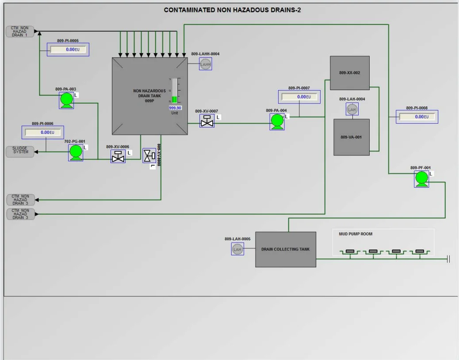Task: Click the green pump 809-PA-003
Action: (x=67, y=100)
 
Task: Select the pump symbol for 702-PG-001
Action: (x=76, y=152)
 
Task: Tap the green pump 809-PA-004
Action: (x=277, y=121)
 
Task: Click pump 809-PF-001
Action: (x=421, y=179)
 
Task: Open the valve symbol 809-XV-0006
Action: (x=118, y=156)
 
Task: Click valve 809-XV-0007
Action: (x=207, y=121)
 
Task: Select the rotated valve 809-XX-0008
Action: (x=149, y=155)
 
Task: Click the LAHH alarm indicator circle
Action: (x=206, y=64)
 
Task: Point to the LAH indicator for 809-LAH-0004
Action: (x=352, y=110)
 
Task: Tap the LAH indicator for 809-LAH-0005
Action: (x=237, y=250)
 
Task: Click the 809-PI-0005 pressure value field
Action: (x=68, y=49)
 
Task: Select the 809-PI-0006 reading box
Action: (x=43, y=133)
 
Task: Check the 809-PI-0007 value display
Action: (x=299, y=97)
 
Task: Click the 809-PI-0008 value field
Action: (x=417, y=117)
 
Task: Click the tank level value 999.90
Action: (x=175, y=108)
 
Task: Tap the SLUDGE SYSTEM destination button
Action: (x=20, y=152)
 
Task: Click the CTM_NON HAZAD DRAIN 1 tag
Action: (x=20, y=31)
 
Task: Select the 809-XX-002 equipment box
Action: (x=350, y=73)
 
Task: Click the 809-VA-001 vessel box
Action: (x=351, y=137)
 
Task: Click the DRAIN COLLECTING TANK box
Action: (x=286, y=250)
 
